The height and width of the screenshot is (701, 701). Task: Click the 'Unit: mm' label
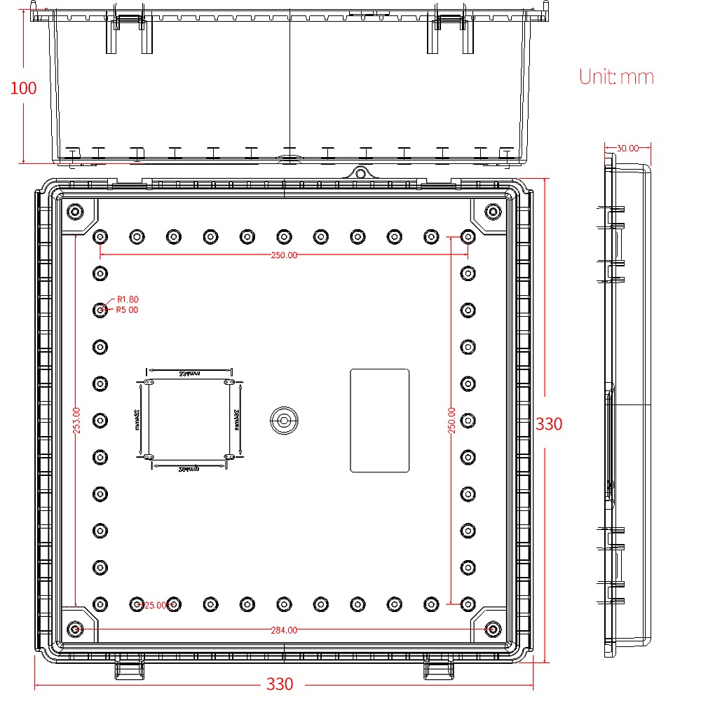(616, 76)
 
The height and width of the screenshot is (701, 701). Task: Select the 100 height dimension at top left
(23, 88)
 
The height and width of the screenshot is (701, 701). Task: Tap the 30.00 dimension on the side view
(627, 148)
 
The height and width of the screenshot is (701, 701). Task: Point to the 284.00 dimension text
(284, 630)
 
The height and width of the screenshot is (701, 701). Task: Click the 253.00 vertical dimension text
(77, 421)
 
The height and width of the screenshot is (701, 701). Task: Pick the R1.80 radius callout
(128, 299)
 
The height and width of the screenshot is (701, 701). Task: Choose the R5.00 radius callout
(128, 309)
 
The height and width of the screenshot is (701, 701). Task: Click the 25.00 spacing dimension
(156, 605)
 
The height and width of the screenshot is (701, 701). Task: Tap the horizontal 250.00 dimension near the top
(284, 255)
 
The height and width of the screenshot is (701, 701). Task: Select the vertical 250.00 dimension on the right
(452, 421)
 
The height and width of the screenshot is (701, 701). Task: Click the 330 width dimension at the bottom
(280, 683)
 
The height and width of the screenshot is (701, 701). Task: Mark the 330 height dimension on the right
(549, 424)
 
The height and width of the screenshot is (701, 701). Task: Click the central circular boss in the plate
(284, 421)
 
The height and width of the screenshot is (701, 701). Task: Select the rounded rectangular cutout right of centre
(379, 421)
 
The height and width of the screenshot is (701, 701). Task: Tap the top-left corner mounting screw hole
(75, 211)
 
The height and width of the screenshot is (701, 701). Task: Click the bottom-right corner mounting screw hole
(493, 629)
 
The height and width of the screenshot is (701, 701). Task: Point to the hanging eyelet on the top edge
(360, 172)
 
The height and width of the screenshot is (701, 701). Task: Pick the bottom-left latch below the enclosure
(129, 669)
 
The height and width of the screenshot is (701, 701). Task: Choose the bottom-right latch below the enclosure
(439, 669)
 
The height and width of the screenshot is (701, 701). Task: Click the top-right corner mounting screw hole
(493, 211)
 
